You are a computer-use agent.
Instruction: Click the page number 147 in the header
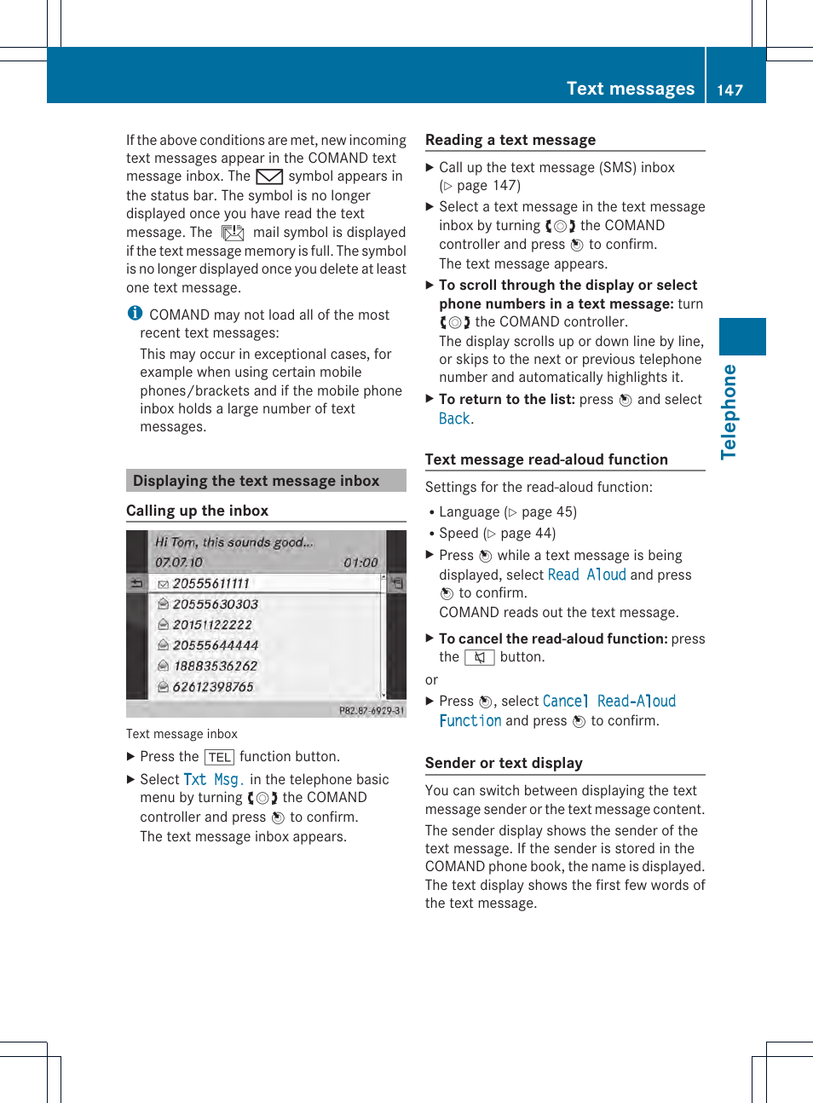pyautogui.click(x=729, y=90)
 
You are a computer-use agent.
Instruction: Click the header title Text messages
pyautogui.click(x=630, y=89)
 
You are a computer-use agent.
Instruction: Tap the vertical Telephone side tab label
pyautogui.click(x=729, y=412)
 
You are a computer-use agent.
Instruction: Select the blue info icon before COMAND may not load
pyautogui.click(x=135, y=314)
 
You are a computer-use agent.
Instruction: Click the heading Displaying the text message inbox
pyautogui.click(x=256, y=481)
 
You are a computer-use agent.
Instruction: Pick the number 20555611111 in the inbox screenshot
pyautogui.click(x=210, y=584)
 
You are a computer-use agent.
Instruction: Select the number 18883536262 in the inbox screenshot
pyautogui.click(x=215, y=666)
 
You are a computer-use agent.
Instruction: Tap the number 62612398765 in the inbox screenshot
pyautogui.click(x=213, y=687)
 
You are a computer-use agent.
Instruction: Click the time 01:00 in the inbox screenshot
pyautogui.click(x=360, y=563)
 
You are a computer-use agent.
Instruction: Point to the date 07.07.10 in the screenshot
pyautogui.click(x=179, y=563)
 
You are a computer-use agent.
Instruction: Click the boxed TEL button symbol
pyautogui.click(x=219, y=757)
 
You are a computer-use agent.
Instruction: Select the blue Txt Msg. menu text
pyautogui.click(x=214, y=779)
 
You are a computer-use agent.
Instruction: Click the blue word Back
pyautogui.click(x=454, y=419)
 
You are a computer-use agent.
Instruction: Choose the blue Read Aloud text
pyautogui.click(x=586, y=575)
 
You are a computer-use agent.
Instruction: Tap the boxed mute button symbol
pyautogui.click(x=479, y=657)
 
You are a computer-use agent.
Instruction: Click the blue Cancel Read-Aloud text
pyautogui.click(x=608, y=701)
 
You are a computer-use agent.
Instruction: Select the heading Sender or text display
pyautogui.click(x=504, y=763)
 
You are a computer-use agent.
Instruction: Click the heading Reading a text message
pyautogui.click(x=510, y=140)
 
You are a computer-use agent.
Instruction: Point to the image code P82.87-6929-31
pyautogui.click(x=372, y=710)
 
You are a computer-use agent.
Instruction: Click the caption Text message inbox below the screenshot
pyautogui.click(x=182, y=734)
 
